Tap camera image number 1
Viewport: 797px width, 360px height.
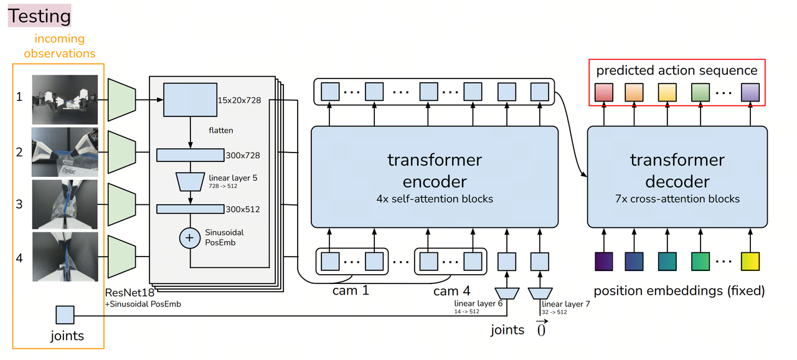[x=65, y=99]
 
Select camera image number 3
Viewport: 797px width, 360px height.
[x=65, y=204]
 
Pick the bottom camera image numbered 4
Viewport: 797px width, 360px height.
[x=65, y=256]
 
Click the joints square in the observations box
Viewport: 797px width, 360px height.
[x=65, y=315]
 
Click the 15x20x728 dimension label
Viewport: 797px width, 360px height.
[x=240, y=100]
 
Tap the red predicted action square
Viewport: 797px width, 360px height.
[x=603, y=92]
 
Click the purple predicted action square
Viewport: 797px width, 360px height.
[x=750, y=92]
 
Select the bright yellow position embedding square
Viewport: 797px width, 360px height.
[x=750, y=262]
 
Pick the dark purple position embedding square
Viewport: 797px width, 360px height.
[x=603, y=262]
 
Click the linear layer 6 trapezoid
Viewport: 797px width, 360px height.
[x=507, y=292]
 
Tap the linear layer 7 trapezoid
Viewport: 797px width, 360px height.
[x=539, y=292]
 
